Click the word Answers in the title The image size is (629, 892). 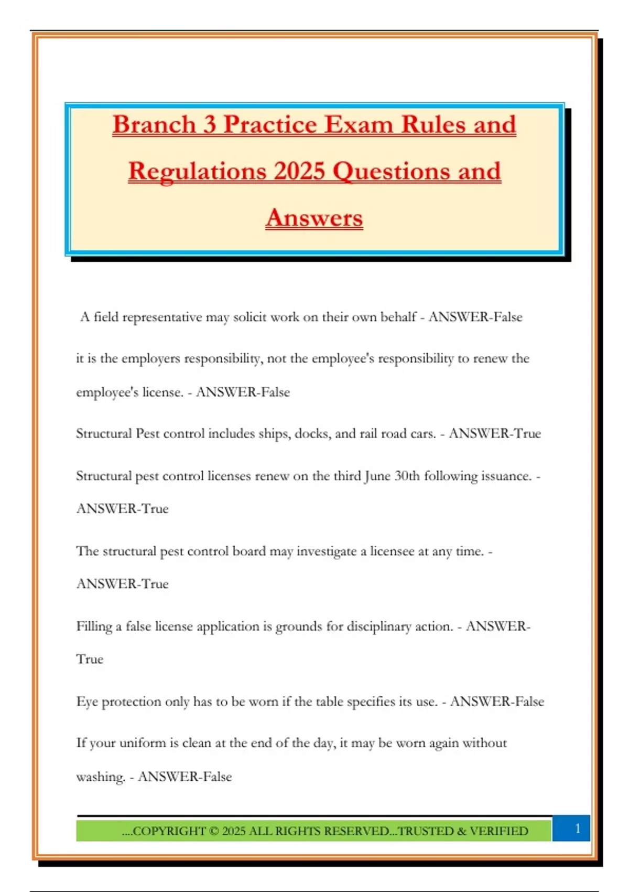[x=314, y=218]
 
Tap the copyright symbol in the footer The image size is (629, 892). [x=214, y=831]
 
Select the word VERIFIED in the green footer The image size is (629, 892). [x=499, y=831]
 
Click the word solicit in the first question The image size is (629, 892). [x=250, y=317]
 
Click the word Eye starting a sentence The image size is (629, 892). [x=87, y=702]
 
